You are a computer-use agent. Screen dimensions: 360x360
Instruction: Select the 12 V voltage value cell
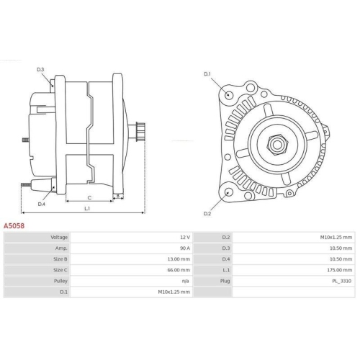(x=184, y=237)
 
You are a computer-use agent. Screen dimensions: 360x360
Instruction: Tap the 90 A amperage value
(x=184, y=248)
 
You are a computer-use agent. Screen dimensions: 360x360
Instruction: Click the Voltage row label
(x=59, y=237)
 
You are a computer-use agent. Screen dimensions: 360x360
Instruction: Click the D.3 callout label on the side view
(x=40, y=69)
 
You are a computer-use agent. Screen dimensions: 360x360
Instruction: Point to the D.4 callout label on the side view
(x=41, y=204)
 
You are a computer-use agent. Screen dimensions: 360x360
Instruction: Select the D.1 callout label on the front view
(x=207, y=74)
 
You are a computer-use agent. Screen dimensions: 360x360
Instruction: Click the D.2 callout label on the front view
(x=207, y=213)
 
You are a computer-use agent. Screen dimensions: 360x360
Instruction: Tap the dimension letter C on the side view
(x=89, y=197)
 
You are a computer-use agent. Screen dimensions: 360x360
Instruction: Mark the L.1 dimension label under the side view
(x=87, y=209)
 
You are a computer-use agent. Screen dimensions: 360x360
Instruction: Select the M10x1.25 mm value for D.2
(x=336, y=237)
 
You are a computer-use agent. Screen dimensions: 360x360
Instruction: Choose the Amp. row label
(x=60, y=248)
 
